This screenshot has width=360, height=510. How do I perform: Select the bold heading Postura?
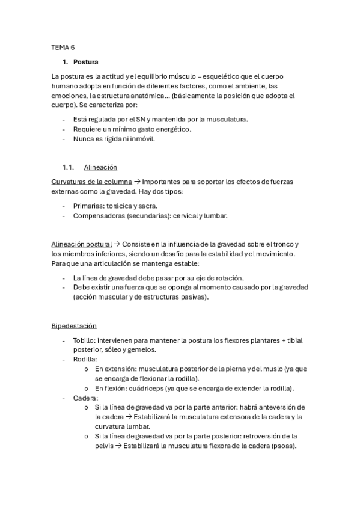pyautogui.click(x=86, y=62)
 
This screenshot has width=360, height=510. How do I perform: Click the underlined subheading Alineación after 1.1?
pyautogui.click(x=100, y=167)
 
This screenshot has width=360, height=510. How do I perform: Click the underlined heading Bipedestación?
pyautogui.click(x=74, y=325)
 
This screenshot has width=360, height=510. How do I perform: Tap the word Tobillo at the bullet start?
pyautogui.click(x=84, y=340)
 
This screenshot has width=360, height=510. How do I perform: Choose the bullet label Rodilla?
pyautogui.click(x=85, y=359)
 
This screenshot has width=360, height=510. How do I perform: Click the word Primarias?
pyautogui.click(x=88, y=206)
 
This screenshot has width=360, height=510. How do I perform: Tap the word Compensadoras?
pyautogui.click(x=98, y=215)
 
